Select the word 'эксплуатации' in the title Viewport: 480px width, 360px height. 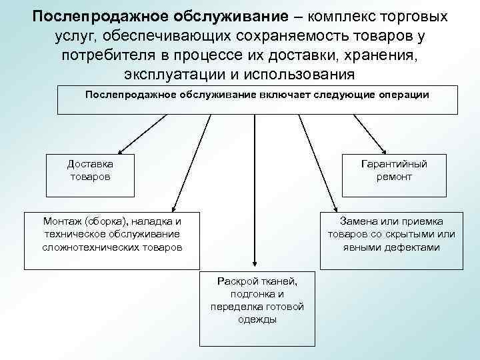point(175,72)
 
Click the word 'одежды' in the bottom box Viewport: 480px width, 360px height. point(257,319)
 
